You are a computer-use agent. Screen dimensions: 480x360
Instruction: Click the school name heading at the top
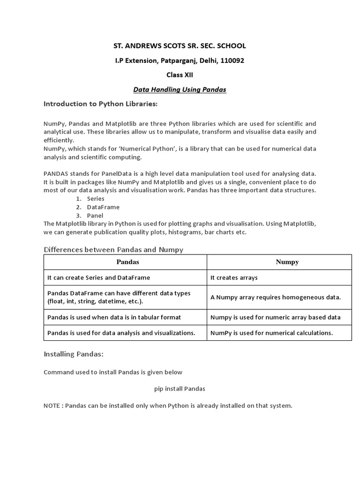(180, 46)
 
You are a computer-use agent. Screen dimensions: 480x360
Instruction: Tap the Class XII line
(180, 75)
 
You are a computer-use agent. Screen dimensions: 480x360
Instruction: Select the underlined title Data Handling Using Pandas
(180, 90)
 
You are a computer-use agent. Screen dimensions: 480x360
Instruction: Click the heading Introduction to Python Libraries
(101, 104)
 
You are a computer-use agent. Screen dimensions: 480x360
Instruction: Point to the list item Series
(96, 199)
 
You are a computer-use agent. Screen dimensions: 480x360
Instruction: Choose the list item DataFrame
(103, 207)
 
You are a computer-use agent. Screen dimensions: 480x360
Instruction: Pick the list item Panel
(95, 216)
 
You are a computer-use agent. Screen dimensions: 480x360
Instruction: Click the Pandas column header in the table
(127, 262)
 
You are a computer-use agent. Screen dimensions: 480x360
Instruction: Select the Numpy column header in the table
(287, 262)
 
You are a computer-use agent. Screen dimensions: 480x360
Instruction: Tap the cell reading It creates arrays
(234, 277)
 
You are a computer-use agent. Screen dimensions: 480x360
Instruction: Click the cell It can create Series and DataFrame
(99, 277)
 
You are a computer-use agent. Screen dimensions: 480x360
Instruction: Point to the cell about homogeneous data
(276, 297)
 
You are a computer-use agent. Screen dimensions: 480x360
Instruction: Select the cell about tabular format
(114, 317)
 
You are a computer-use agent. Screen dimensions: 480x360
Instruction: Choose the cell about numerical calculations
(271, 333)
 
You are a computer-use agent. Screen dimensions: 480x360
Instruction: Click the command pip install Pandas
(180, 389)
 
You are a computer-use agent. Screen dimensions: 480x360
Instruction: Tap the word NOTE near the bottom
(52, 405)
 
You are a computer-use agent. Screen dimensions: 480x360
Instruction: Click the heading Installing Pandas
(74, 354)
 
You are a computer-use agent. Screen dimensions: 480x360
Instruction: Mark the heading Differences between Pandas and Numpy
(113, 249)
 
